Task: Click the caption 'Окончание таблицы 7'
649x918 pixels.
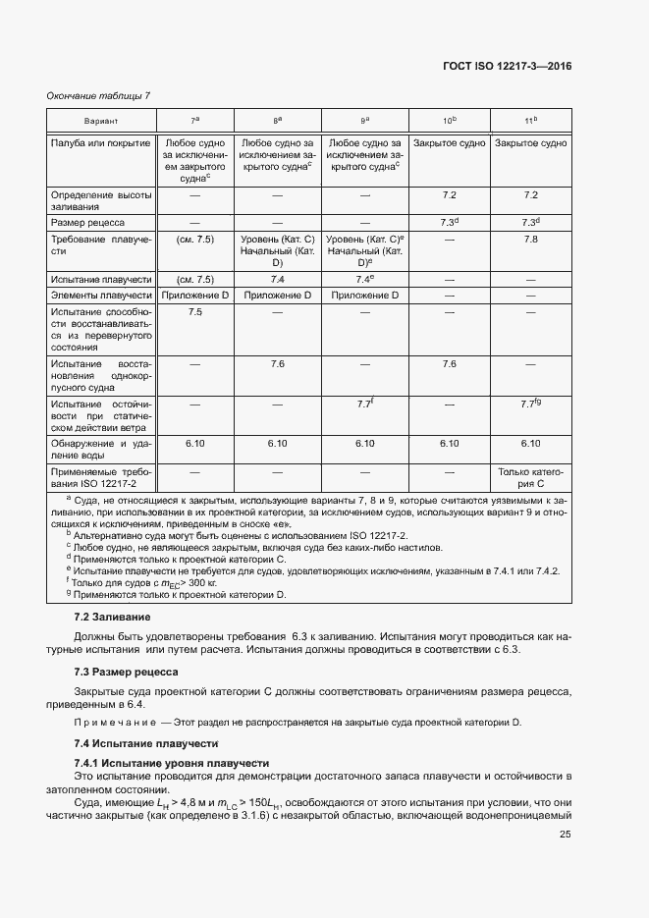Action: [x=99, y=95]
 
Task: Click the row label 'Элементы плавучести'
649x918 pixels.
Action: [x=100, y=295]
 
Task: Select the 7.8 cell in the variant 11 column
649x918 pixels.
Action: [x=531, y=240]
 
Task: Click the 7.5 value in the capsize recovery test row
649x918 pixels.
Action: [x=194, y=312]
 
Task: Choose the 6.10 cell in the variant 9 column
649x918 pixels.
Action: [x=364, y=444]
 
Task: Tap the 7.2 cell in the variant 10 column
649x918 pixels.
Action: [x=449, y=196]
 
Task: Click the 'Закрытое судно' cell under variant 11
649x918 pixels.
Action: [x=531, y=143]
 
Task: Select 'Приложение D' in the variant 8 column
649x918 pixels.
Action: [x=278, y=295]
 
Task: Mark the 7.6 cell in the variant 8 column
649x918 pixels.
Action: [x=278, y=364]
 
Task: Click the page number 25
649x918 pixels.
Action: [x=565, y=836]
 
